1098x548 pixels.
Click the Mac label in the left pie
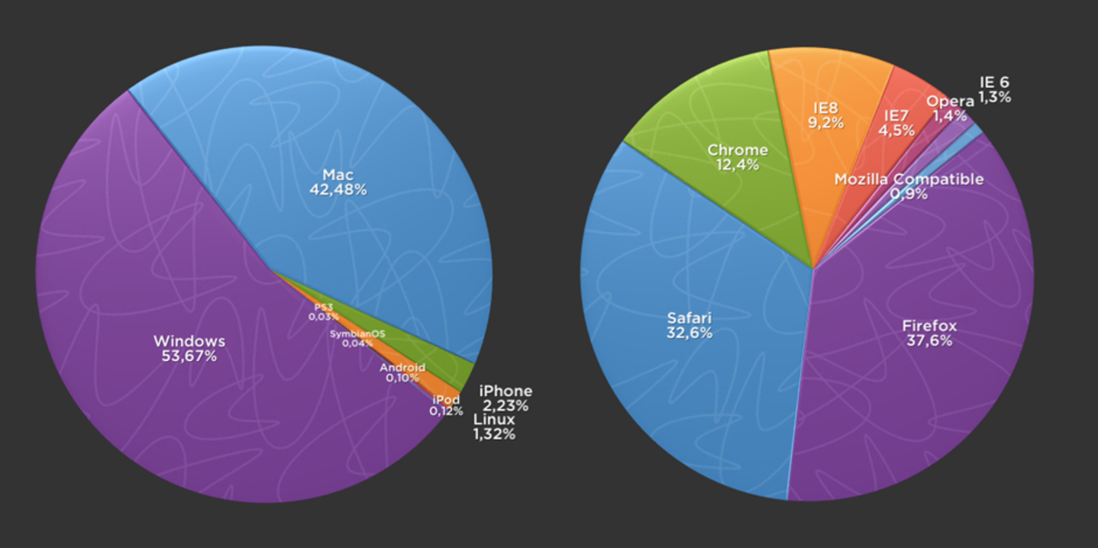pyautogui.click(x=338, y=175)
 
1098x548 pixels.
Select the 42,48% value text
pyautogui.click(x=338, y=190)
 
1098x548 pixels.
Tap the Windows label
pyautogui.click(x=189, y=340)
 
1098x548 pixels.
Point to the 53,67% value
pyautogui.click(x=189, y=356)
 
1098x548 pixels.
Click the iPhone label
pyautogui.click(x=505, y=391)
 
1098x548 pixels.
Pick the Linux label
pyautogui.click(x=494, y=419)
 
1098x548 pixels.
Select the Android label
pyautogui.click(x=402, y=367)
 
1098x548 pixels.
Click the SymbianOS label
pyautogui.click(x=358, y=334)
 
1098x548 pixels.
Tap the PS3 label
pyautogui.click(x=323, y=307)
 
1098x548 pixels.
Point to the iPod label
pyautogui.click(x=446, y=400)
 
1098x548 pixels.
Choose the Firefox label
pyautogui.click(x=929, y=326)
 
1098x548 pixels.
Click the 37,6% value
pyautogui.click(x=929, y=340)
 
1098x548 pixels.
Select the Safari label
pyautogui.click(x=690, y=318)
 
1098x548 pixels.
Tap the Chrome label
pyautogui.click(x=737, y=151)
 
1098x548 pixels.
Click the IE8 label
pyautogui.click(x=825, y=109)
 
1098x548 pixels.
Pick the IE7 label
pyautogui.click(x=896, y=116)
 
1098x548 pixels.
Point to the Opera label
pyautogui.click(x=950, y=101)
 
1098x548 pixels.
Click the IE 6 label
pyautogui.click(x=994, y=82)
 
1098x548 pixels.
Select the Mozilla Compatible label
pyautogui.click(x=908, y=179)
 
